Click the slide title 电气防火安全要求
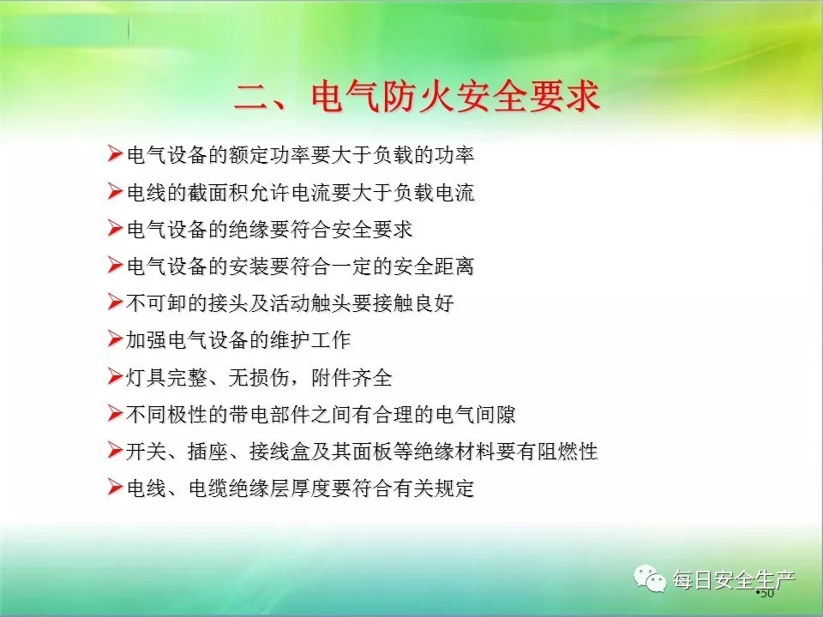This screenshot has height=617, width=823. [455, 97]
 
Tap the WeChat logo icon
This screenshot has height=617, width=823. [650, 578]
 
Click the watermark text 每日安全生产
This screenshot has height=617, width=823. [735, 580]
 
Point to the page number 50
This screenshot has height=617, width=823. [766, 593]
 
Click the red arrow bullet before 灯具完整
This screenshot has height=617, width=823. [115, 376]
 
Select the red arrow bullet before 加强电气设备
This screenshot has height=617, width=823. [115, 339]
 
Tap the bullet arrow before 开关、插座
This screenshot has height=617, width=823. [115, 450]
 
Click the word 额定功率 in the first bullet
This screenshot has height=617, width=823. [269, 155]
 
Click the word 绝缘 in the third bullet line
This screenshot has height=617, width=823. [249, 230]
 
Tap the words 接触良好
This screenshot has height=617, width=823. [413, 303]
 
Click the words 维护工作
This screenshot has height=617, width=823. [310, 340]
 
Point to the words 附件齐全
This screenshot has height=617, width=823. [351, 377]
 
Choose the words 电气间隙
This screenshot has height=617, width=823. [475, 415]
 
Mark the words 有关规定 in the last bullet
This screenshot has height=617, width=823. [434, 488]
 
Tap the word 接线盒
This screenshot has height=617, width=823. [279, 452]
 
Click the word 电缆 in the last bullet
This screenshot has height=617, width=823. [207, 488]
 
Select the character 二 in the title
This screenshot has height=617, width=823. [251, 98]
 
